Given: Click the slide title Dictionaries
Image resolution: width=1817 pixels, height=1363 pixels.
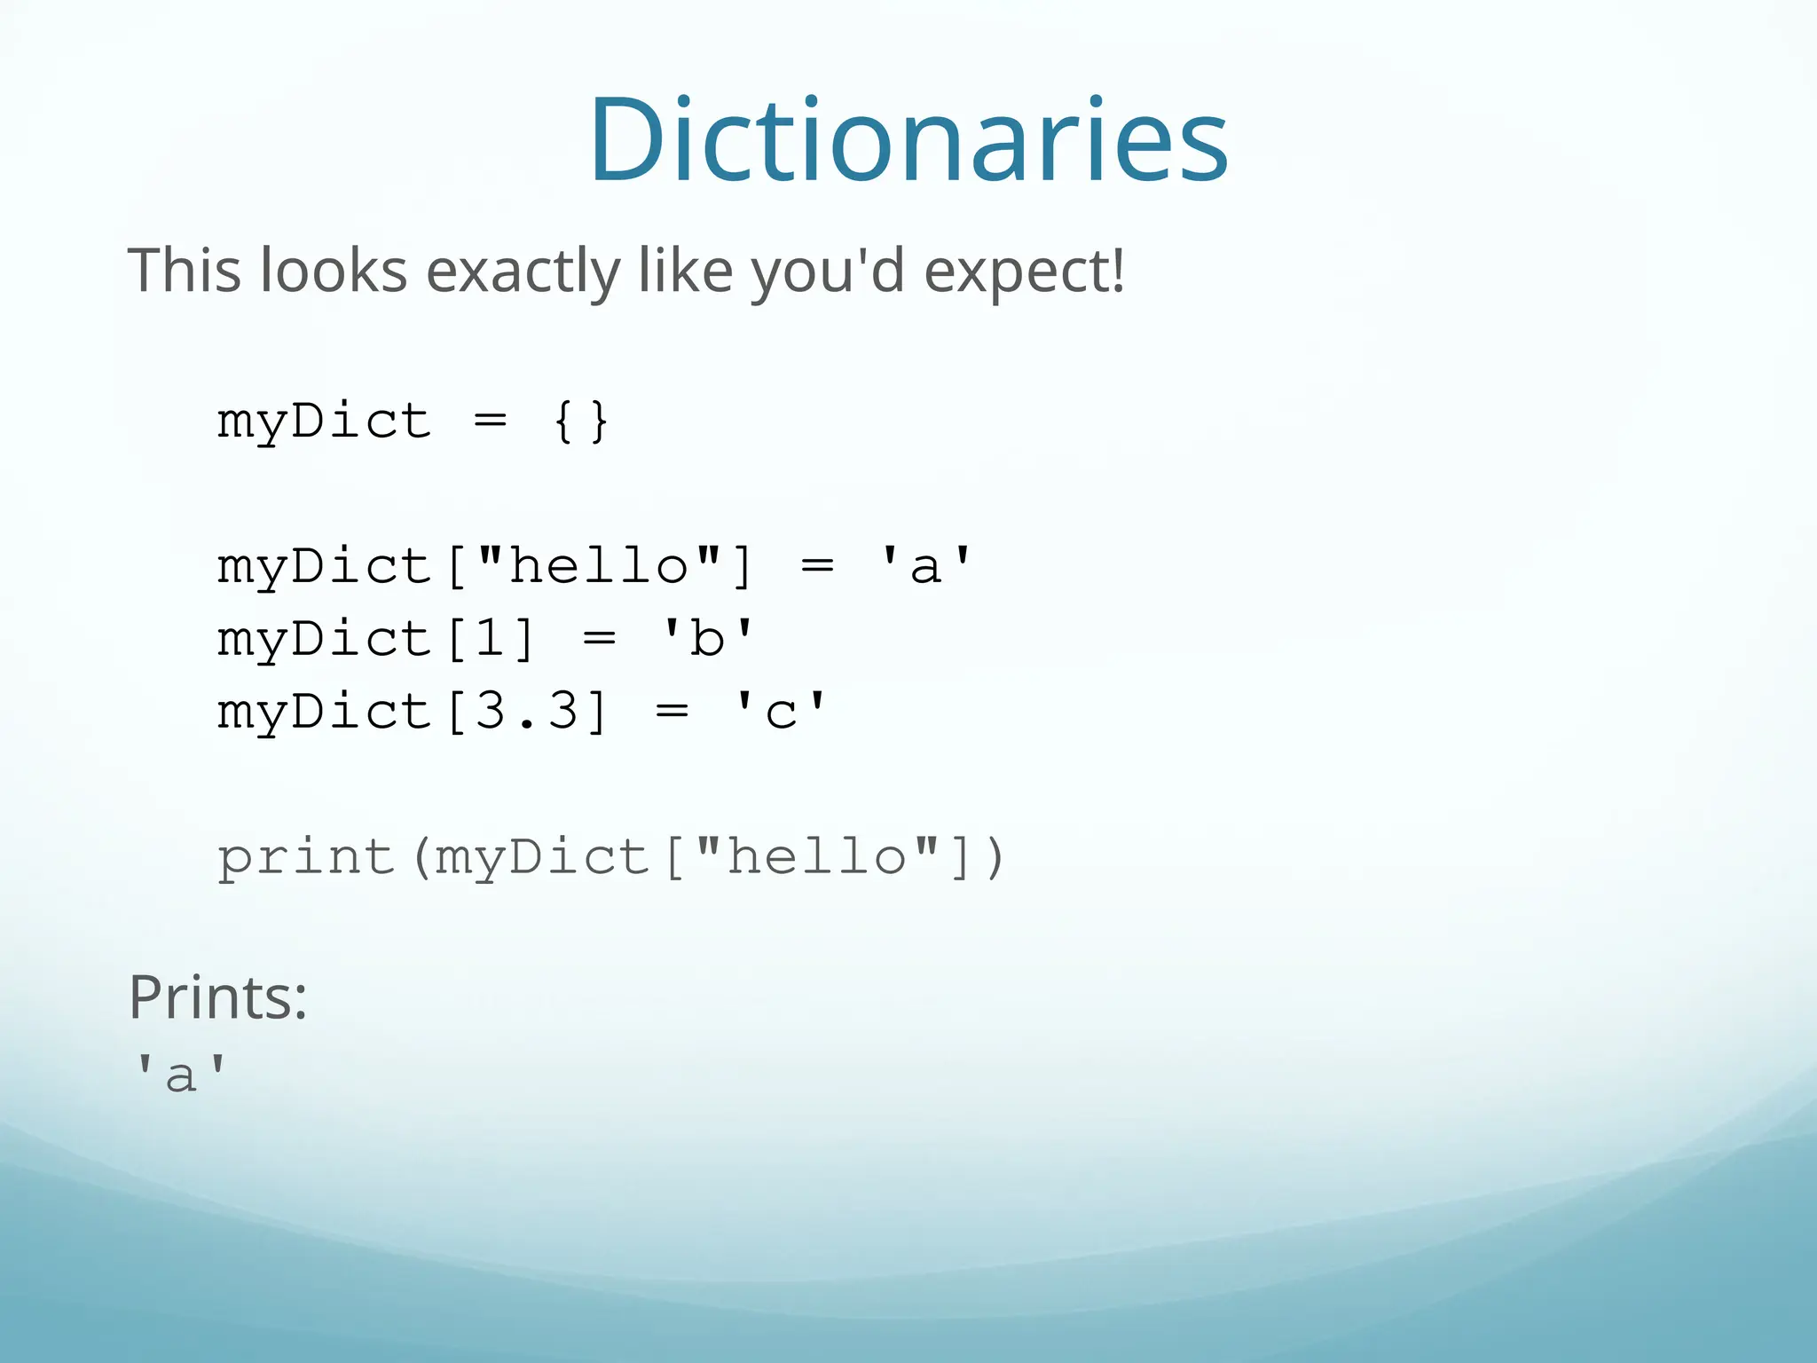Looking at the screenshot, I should click(908, 140).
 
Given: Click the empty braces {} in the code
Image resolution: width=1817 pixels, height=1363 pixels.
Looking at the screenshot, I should click(580, 421).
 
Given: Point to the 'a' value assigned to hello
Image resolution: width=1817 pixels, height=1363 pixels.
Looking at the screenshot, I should click(924, 565).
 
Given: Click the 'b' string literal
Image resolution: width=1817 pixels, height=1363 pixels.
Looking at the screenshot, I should click(707, 638).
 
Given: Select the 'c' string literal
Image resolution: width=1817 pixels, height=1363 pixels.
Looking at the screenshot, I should click(780, 711).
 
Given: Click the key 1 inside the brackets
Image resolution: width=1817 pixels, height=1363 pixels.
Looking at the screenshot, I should click(491, 638).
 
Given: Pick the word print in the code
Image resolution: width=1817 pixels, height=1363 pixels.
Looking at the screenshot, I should click(306, 858).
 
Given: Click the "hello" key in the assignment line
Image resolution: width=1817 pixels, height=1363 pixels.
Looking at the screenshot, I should click(599, 565).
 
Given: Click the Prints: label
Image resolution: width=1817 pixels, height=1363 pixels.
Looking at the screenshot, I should click(218, 997).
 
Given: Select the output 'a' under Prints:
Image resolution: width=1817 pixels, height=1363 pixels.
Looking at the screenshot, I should click(180, 1074).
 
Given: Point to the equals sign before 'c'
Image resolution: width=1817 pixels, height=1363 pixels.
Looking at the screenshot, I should click(672, 711).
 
